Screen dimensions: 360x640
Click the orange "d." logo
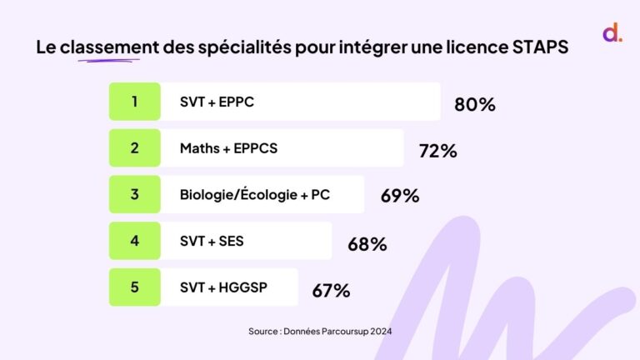(x=612, y=34)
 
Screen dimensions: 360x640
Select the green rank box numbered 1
(x=134, y=102)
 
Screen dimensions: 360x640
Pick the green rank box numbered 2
(x=134, y=148)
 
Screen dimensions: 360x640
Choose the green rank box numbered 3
(x=134, y=195)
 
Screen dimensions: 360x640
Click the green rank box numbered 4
(x=134, y=241)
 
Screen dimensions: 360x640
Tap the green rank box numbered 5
(x=134, y=287)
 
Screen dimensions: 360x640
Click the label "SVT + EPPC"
(x=217, y=102)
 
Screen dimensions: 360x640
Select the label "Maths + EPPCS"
(x=228, y=148)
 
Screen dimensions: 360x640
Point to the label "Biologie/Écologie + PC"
(x=255, y=195)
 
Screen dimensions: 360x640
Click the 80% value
(x=475, y=105)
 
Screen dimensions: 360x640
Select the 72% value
(x=437, y=151)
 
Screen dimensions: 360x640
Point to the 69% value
(x=400, y=197)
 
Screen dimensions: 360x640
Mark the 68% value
(x=367, y=244)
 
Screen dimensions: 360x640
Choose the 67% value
(x=331, y=291)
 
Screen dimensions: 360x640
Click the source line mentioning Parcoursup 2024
(x=320, y=331)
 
